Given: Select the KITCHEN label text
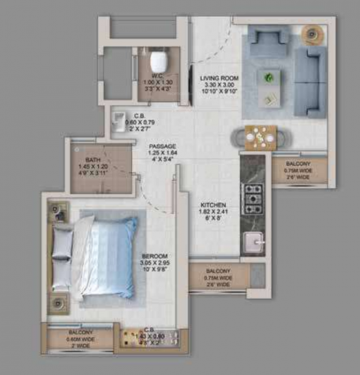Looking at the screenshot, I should click(x=213, y=204).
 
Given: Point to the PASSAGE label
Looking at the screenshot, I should click(x=161, y=146).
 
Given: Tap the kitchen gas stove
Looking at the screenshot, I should click(x=252, y=199).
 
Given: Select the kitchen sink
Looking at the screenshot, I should click(x=252, y=240).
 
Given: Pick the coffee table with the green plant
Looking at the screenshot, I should click(x=269, y=86).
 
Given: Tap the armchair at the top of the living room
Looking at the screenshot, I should click(x=268, y=42).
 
